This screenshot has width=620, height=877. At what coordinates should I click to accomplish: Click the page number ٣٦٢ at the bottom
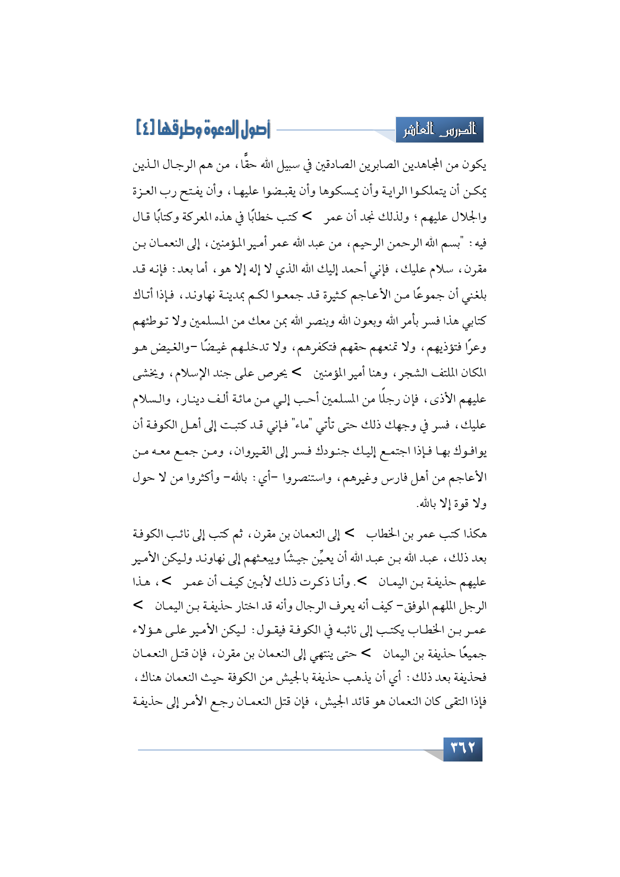[x=462, y=748]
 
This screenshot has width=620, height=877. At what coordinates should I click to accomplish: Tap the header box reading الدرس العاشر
[x=439, y=130]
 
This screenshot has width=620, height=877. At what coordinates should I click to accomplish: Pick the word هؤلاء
[x=146, y=630]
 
